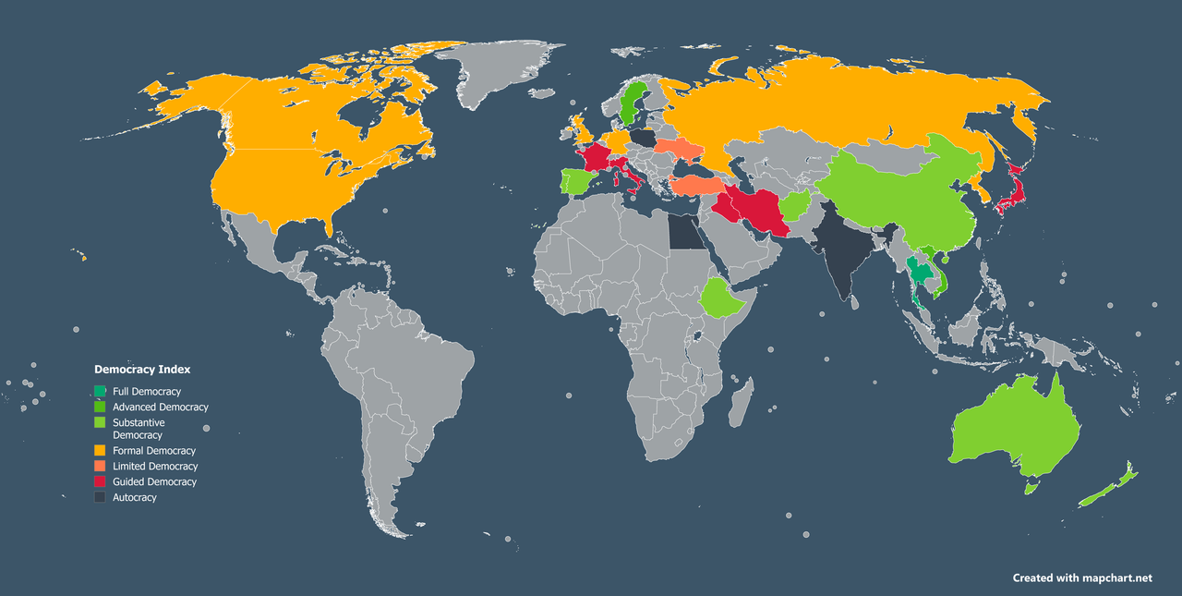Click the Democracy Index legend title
click(142, 369)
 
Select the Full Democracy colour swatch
click(100, 392)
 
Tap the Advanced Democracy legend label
click(160, 407)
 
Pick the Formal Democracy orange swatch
click(100, 451)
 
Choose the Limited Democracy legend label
click(155, 467)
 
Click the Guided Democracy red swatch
click(100, 482)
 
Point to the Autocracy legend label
click(135, 497)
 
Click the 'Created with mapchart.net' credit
click(1082, 578)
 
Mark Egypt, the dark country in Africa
click(684, 234)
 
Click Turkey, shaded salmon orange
click(701, 186)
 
